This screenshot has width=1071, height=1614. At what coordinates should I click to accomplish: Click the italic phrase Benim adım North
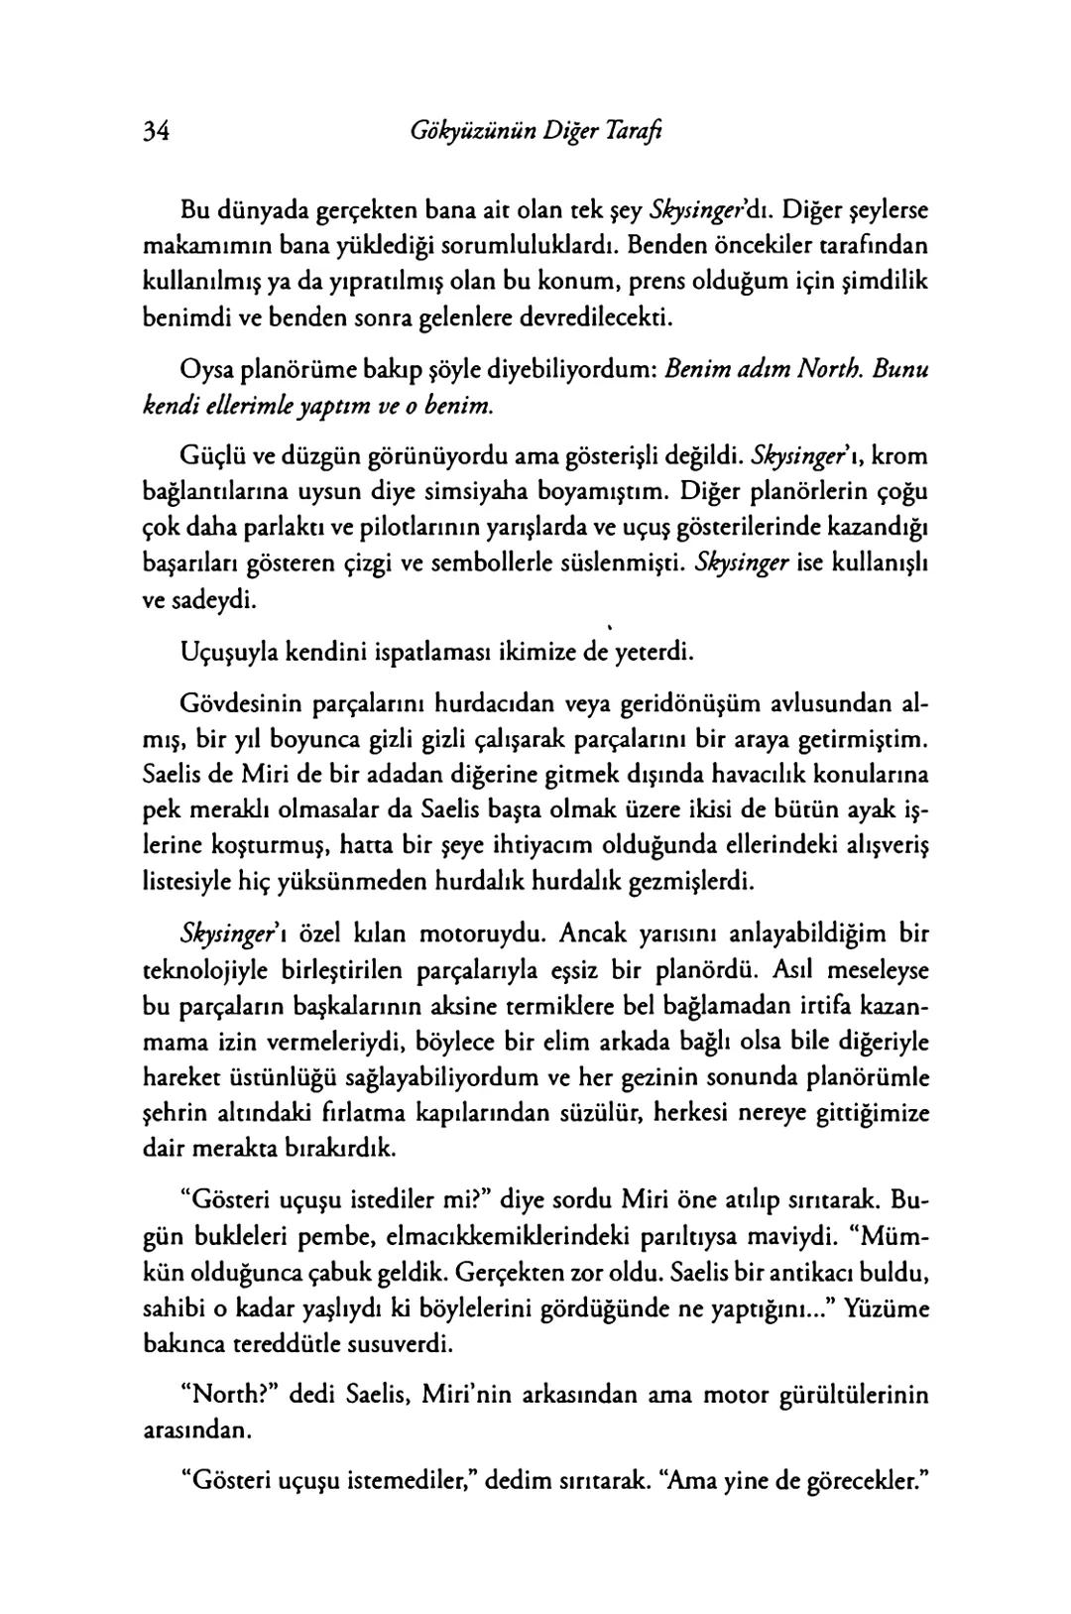[761, 370]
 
